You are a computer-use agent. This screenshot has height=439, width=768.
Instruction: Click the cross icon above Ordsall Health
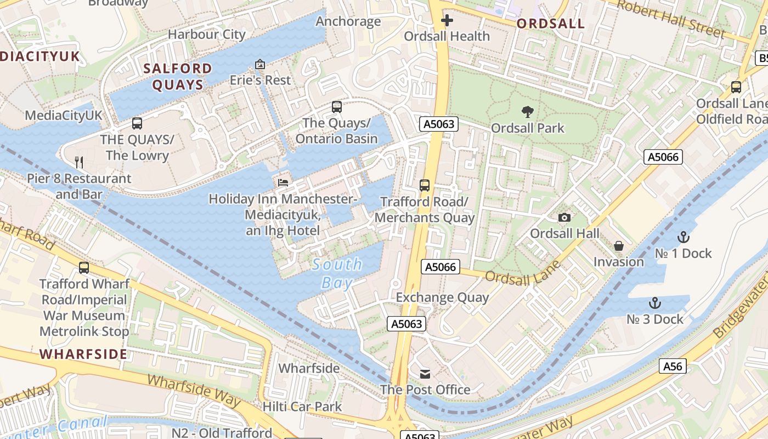coord(447,21)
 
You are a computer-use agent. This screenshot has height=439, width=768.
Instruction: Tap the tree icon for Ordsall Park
coord(528,112)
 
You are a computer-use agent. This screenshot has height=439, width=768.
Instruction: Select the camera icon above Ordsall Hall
coord(564,218)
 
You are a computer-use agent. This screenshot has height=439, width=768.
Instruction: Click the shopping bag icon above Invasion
coord(619,246)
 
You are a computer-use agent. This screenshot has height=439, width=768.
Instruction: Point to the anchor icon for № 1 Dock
coord(683,237)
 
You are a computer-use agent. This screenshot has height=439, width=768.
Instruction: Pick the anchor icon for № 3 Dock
coord(654,303)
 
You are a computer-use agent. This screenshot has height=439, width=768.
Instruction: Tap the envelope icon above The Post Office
coord(425,374)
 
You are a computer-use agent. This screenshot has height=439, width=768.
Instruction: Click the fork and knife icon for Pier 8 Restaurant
coord(79,162)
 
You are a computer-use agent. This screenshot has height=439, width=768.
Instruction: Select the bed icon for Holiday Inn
coord(283,182)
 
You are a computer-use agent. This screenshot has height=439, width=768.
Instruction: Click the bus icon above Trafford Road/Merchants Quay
coord(425,185)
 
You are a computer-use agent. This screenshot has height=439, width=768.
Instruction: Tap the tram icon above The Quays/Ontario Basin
coord(337,107)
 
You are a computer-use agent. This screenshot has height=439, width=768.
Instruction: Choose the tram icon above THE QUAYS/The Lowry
coord(137,123)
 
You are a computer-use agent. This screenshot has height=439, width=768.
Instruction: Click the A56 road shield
coord(673,366)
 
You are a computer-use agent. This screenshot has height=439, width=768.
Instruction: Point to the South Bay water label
coord(337,273)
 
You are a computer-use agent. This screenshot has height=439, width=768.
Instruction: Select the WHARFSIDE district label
coord(83,354)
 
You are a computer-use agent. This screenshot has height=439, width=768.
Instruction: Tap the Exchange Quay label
coord(442,297)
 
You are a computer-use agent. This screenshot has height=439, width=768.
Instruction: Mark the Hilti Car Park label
coord(302,407)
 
